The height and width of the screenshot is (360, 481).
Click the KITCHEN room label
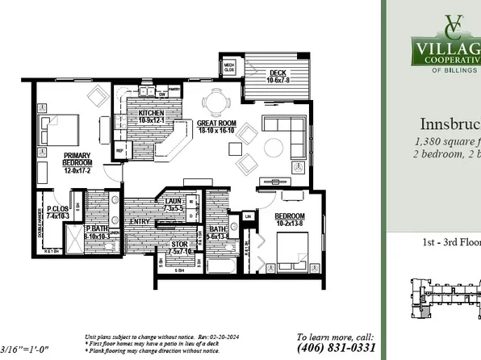click(151, 116)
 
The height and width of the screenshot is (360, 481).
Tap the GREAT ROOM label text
click(216, 127)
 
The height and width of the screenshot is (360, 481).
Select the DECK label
click(278, 75)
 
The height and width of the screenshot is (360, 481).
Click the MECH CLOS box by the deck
click(229, 66)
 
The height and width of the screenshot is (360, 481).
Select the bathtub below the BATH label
click(222, 266)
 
